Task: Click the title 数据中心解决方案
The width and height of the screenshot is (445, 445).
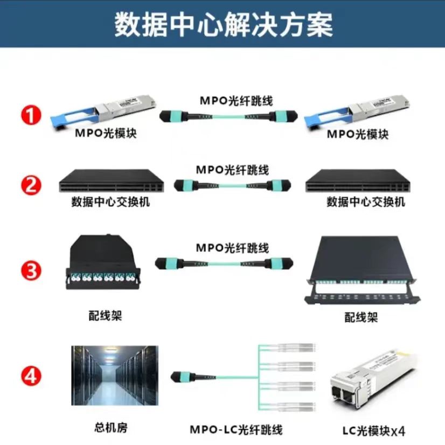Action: [222, 25]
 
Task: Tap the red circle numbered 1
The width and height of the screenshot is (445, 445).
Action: [31, 116]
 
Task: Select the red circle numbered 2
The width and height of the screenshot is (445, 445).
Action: [31, 186]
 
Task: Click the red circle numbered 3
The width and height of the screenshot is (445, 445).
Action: [31, 270]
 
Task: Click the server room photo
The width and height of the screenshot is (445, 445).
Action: [115, 376]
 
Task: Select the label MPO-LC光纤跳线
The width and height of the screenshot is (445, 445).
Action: [236, 430]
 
